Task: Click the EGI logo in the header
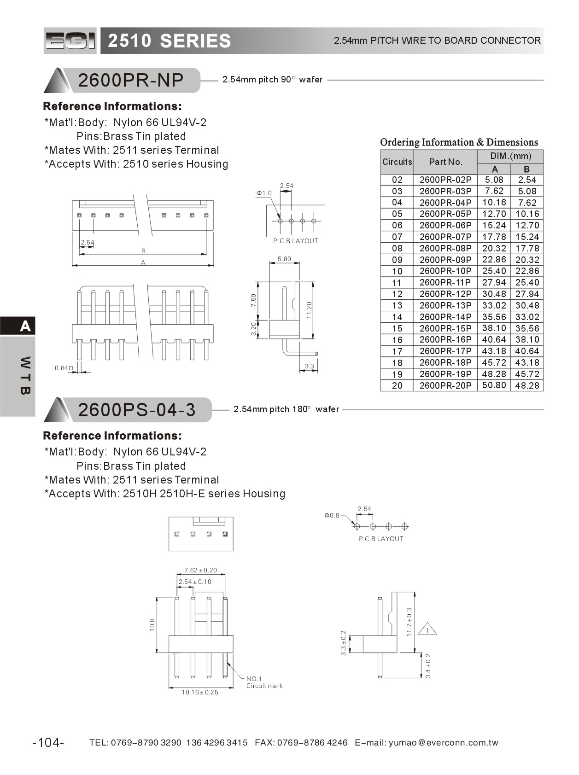click(x=70, y=41)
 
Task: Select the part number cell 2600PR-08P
click(x=445, y=248)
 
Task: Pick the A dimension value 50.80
click(x=494, y=385)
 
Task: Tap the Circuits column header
click(x=397, y=162)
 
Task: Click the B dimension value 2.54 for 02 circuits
click(x=527, y=180)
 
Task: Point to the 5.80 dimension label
click(x=284, y=259)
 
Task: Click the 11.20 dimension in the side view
click(x=309, y=310)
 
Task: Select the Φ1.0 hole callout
click(x=264, y=193)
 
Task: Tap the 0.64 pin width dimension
click(x=63, y=368)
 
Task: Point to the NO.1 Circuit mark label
click(x=264, y=682)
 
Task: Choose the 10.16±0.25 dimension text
click(x=200, y=692)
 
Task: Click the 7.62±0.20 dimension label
click(x=200, y=570)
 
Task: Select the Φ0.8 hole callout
click(x=332, y=515)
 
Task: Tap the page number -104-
click(x=48, y=742)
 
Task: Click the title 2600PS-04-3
click(x=137, y=409)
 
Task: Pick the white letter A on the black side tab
click(x=25, y=326)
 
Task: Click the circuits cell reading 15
click(x=397, y=328)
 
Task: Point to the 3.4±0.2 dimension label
click(x=428, y=666)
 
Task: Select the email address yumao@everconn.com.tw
click(x=443, y=742)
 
